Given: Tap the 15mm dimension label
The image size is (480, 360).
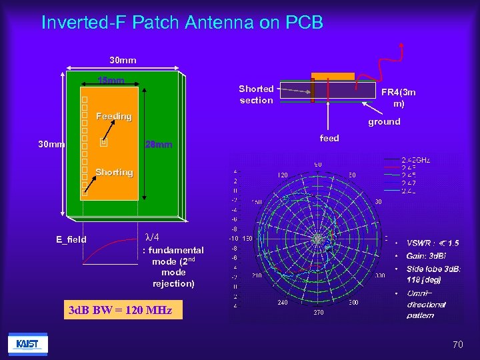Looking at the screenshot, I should click(x=111, y=81).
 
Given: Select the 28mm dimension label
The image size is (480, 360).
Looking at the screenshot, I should click(x=159, y=145).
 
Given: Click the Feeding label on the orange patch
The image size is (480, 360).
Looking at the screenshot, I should click(x=114, y=117).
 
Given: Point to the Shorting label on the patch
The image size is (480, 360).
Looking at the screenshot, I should click(x=114, y=173).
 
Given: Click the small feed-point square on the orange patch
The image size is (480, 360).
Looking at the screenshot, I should click(x=102, y=142).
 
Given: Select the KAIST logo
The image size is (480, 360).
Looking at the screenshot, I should click(x=27, y=344).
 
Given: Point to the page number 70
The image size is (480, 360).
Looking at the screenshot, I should click(x=457, y=345).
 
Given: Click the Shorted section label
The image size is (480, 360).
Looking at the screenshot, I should click(x=256, y=94).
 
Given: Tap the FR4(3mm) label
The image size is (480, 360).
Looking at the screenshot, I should click(x=398, y=99).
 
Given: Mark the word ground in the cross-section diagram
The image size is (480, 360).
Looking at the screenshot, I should click(x=384, y=121).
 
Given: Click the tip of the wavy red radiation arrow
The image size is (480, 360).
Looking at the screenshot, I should click(x=401, y=44).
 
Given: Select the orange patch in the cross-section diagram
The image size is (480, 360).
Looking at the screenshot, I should click(x=333, y=77).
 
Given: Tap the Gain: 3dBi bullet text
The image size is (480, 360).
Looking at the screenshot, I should click(x=427, y=256).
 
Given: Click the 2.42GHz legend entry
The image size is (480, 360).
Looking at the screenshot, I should click(x=416, y=160).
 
